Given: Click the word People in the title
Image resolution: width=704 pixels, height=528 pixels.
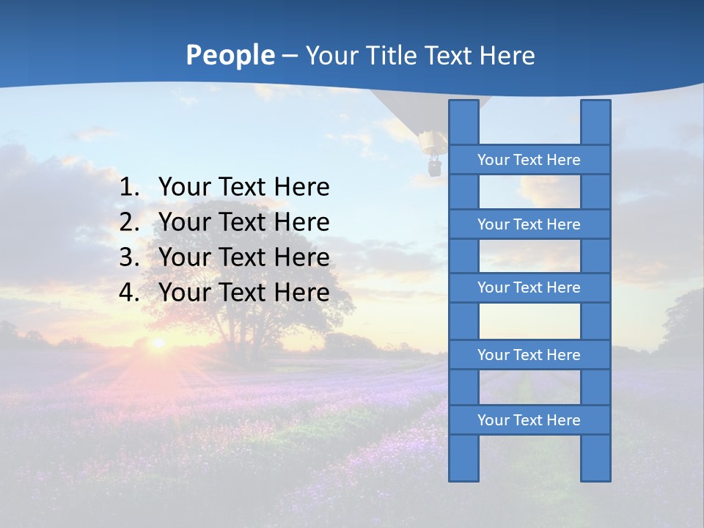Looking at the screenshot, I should [230, 55].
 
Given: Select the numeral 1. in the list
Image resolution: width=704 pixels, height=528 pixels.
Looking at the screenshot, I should [129, 188].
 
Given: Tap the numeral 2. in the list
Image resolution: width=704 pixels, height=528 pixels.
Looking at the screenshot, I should [129, 222].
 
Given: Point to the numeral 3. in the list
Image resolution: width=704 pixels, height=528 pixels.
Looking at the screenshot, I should [129, 257].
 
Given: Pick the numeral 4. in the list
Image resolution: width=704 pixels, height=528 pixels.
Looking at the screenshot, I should [129, 293].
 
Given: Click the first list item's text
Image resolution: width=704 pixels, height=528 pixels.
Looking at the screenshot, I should [243, 188].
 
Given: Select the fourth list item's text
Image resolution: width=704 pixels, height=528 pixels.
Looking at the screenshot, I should [243, 293].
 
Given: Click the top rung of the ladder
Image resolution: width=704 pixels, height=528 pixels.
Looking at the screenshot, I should [529, 160].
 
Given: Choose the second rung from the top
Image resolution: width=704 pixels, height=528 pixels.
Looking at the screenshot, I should [529, 224].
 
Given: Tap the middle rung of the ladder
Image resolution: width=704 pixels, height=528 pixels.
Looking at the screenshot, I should [529, 288].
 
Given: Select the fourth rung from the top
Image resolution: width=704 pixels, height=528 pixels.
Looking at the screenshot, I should [529, 355].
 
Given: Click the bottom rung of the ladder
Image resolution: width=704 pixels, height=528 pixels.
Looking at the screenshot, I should [529, 420].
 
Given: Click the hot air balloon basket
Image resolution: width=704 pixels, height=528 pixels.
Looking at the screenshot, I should [434, 166].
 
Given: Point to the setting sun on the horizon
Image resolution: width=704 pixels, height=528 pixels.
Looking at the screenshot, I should [158, 342].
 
